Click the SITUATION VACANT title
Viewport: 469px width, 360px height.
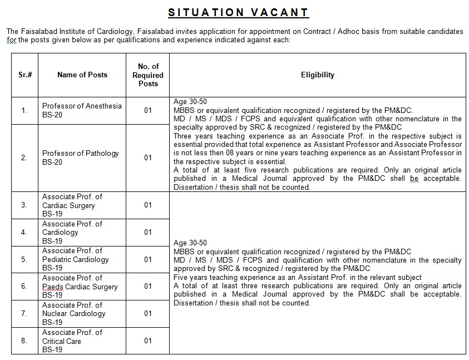(239, 12)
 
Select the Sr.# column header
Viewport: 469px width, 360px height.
(24, 75)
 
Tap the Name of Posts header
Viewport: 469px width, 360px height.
(82, 75)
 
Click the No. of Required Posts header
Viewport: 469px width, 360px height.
(148, 75)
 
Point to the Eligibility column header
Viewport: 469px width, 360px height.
(318, 75)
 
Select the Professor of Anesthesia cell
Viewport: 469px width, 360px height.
(82, 110)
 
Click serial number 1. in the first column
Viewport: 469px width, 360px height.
(24, 111)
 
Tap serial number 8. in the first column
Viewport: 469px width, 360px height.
(24, 341)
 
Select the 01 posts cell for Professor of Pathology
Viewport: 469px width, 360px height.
(148, 157)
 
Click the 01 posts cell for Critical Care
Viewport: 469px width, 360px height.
(148, 341)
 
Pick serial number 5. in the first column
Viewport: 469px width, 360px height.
(24, 259)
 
